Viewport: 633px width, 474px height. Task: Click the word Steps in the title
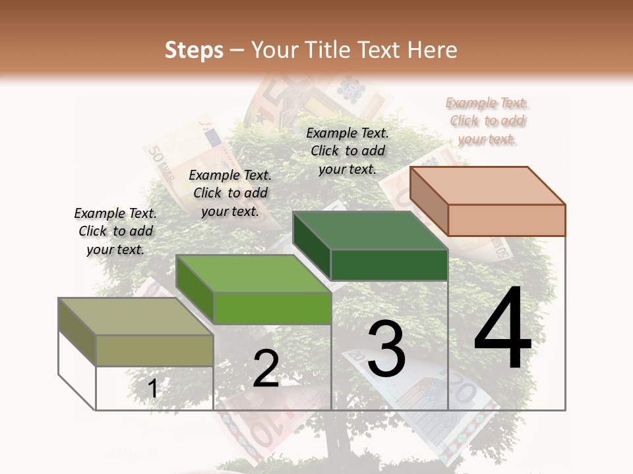pyautogui.click(x=194, y=50)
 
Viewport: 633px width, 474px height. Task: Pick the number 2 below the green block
pyautogui.click(x=266, y=369)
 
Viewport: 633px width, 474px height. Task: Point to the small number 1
pyautogui.click(x=152, y=388)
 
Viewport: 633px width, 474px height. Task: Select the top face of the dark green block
pyautogui.click(x=369, y=231)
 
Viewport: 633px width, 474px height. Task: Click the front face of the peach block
pyautogui.click(x=506, y=220)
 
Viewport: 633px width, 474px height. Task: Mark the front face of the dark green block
pyautogui.click(x=389, y=265)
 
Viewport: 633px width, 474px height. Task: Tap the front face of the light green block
pyautogui.click(x=272, y=308)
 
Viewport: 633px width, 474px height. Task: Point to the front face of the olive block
pyautogui.click(x=154, y=350)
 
